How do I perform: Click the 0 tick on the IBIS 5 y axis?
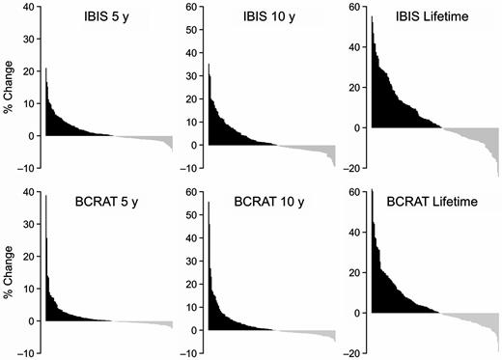(32, 135)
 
